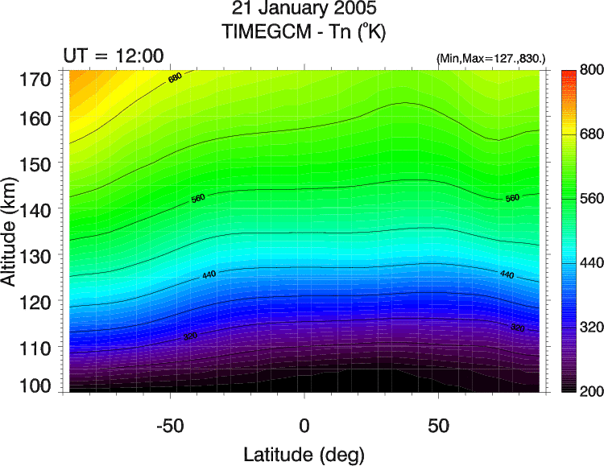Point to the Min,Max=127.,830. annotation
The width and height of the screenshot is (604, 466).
tap(491, 59)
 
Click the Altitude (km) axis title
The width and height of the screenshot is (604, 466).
tap(11, 233)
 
